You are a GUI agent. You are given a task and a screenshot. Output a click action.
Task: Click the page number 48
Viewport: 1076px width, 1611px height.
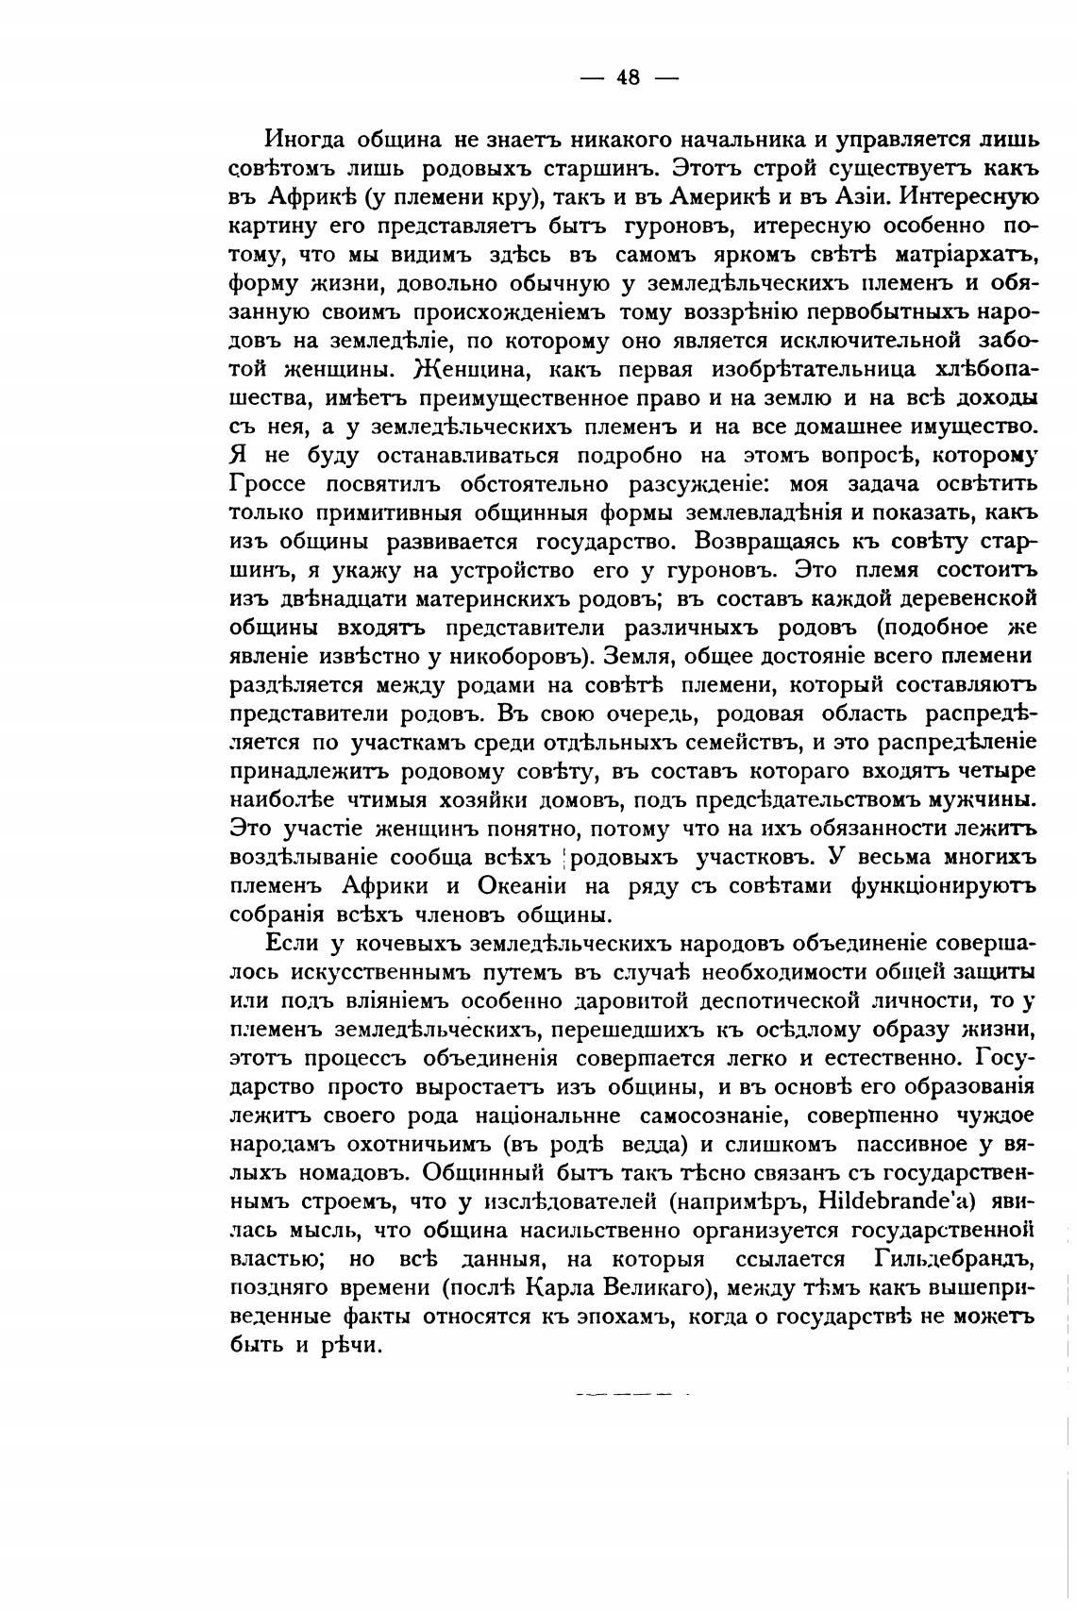pos(629,78)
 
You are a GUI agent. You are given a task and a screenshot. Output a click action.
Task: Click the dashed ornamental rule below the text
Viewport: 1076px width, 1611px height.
pos(630,1393)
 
